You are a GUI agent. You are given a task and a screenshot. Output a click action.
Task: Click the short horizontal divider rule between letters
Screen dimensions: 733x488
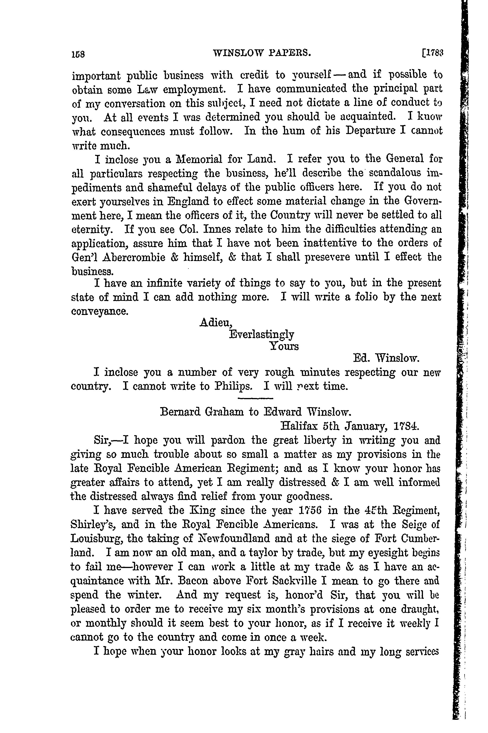pos(255,398)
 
